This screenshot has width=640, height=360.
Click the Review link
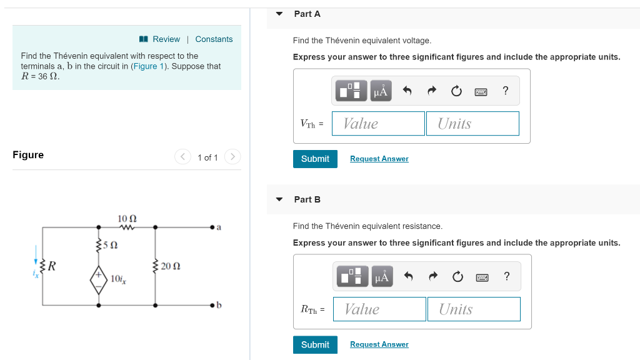tap(166, 39)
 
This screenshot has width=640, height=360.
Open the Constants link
tap(214, 39)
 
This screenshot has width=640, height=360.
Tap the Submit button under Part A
tap(315, 159)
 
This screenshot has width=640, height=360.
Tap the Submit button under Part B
tap(315, 344)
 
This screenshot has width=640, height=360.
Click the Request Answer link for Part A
tap(379, 159)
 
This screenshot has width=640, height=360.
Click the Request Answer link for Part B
tap(379, 344)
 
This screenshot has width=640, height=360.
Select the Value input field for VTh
tap(378, 124)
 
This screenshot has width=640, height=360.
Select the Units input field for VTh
tap(473, 124)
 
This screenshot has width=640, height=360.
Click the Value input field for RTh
tap(379, 309)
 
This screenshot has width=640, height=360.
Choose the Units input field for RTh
tap(474, 309)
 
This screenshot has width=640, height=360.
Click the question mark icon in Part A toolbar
tap(506, 91)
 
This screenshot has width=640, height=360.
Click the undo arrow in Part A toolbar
tap(407, 91)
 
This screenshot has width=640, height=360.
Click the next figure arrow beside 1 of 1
tap(232, 156)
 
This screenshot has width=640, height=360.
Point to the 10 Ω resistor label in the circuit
tap(127, 219)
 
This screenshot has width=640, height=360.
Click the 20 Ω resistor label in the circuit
tap(171, 266)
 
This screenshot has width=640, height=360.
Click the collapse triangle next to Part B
tap(279, 199)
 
